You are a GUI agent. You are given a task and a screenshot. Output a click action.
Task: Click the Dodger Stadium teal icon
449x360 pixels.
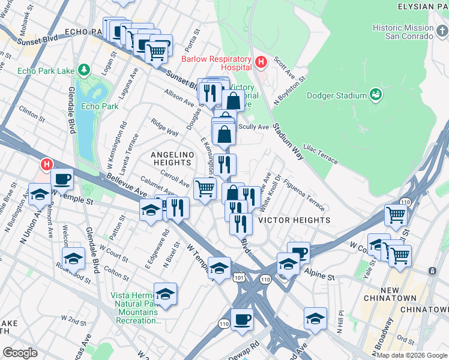(376, 94)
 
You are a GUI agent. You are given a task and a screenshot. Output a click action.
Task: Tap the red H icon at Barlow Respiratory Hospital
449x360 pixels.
(261, 62)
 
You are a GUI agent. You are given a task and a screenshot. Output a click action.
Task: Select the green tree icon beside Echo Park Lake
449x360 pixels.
(84, 71)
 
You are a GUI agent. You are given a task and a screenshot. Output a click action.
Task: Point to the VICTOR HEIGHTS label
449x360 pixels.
(294, 220)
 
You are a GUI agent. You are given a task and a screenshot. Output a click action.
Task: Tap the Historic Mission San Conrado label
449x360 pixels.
(402, 32)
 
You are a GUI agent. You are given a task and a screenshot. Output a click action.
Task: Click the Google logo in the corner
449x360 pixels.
(20, 352)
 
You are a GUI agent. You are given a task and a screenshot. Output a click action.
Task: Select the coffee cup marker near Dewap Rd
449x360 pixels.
(242, 318)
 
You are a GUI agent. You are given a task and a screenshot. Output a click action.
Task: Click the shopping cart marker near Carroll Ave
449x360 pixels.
(205, 187)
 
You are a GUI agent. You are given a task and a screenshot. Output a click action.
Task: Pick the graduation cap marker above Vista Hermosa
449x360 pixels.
(165, 293)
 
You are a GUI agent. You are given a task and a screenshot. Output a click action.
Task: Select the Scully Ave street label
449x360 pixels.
(254, 127)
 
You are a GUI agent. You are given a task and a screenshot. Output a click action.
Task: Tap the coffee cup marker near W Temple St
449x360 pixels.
(62, 178)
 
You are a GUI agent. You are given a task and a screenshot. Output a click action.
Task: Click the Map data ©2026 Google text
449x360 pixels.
(412, 355)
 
